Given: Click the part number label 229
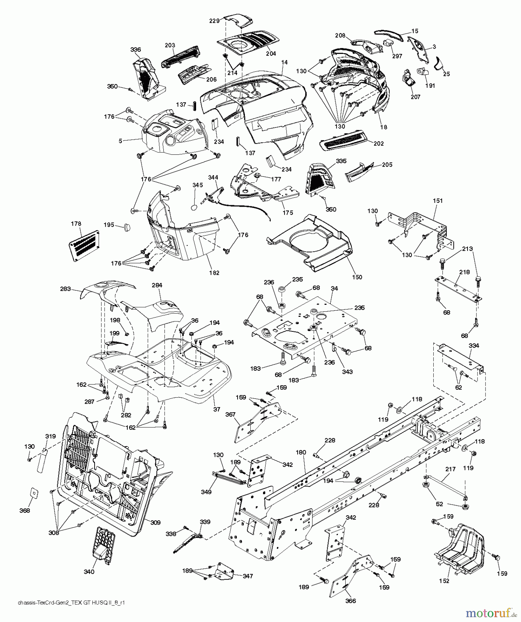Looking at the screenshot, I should point(214,21).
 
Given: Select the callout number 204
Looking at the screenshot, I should point(271,54).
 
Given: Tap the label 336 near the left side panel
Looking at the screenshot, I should point(136,50).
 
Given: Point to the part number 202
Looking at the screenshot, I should point(378,143).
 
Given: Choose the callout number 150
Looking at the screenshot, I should point(357,277).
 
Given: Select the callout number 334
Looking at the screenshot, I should point(474,346).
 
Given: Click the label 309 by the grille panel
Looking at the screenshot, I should point(155,523).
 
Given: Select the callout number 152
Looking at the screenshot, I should point(445,581).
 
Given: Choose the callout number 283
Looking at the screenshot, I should point(65,289).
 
